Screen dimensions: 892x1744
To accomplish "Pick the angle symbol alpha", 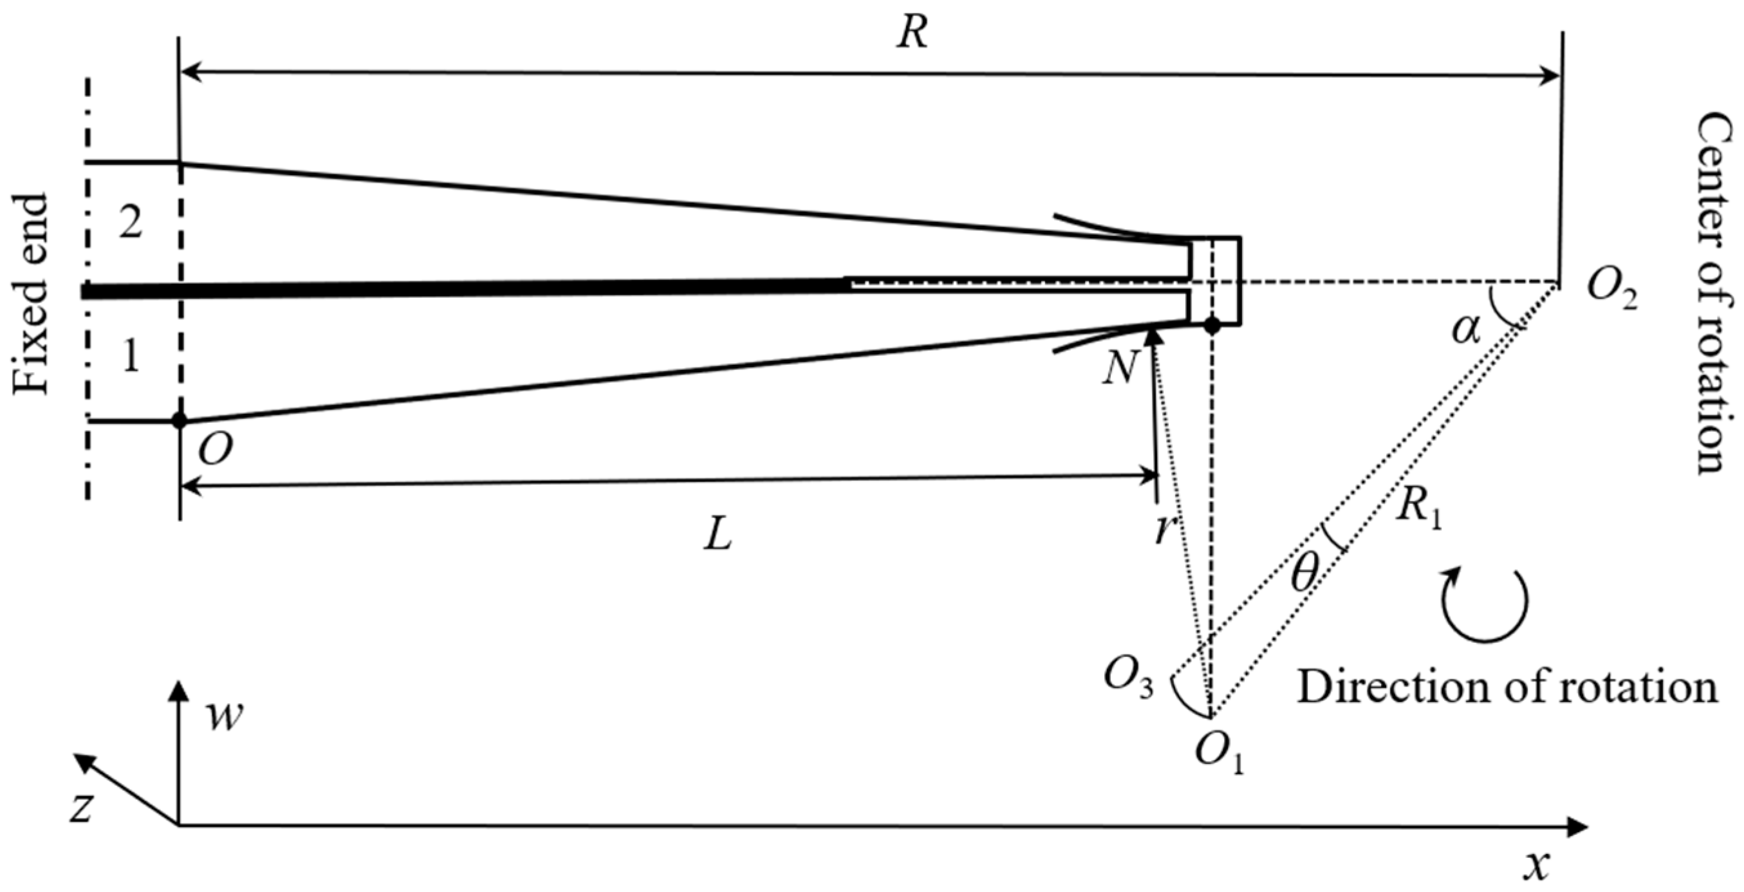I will [1466, 331].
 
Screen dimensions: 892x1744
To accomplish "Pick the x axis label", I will [1536, 865].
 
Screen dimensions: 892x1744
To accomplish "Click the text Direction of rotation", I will [1507, 688].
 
